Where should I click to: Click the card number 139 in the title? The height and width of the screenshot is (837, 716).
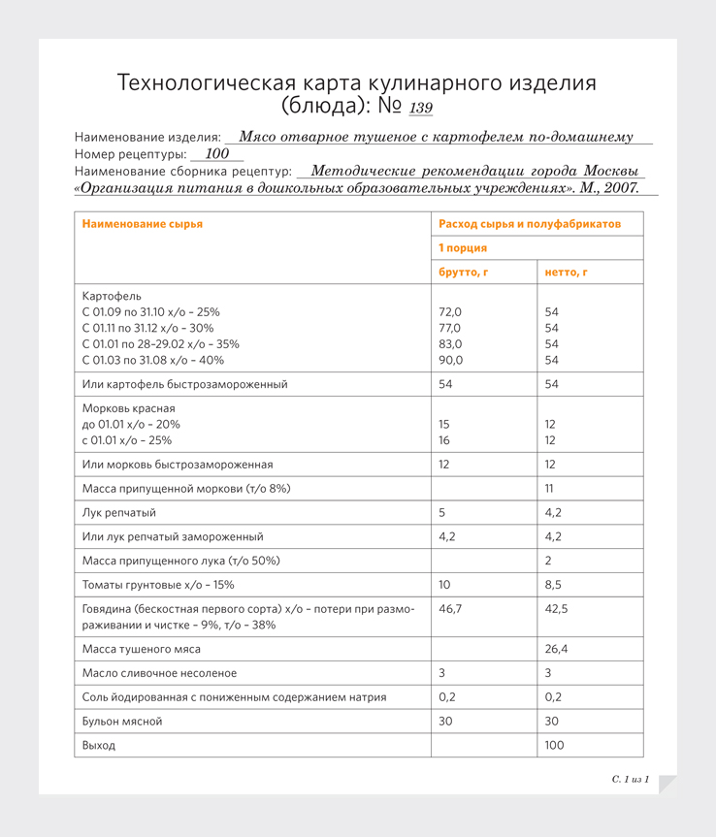[421, 108]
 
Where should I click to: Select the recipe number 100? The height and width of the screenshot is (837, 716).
[217, 153]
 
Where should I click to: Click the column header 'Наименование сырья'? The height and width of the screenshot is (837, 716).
[143, 224]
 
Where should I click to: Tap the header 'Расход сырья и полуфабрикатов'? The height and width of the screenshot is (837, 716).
[529, 224]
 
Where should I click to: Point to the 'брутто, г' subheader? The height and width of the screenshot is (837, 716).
[463, 273]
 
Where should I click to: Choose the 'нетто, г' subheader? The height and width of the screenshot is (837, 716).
[567, 273]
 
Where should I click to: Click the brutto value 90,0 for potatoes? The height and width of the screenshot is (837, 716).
[451, 360]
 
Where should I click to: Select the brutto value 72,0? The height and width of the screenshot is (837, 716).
[450, 312]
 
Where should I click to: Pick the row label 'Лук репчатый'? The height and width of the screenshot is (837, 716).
[119, 512]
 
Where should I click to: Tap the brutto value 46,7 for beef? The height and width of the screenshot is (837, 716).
[450, 608]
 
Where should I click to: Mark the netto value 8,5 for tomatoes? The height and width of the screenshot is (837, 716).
[553, 585]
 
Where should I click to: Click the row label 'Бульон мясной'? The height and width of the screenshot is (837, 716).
[122, 721]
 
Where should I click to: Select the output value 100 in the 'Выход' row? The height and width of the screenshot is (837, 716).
[554, 745]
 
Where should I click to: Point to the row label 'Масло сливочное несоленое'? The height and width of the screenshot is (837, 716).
[159, 672]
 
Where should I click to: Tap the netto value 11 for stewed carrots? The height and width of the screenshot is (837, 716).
[549, 488]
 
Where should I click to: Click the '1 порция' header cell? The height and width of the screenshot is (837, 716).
[463, 248]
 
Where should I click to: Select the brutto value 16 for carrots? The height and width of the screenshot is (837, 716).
[444, 440]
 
